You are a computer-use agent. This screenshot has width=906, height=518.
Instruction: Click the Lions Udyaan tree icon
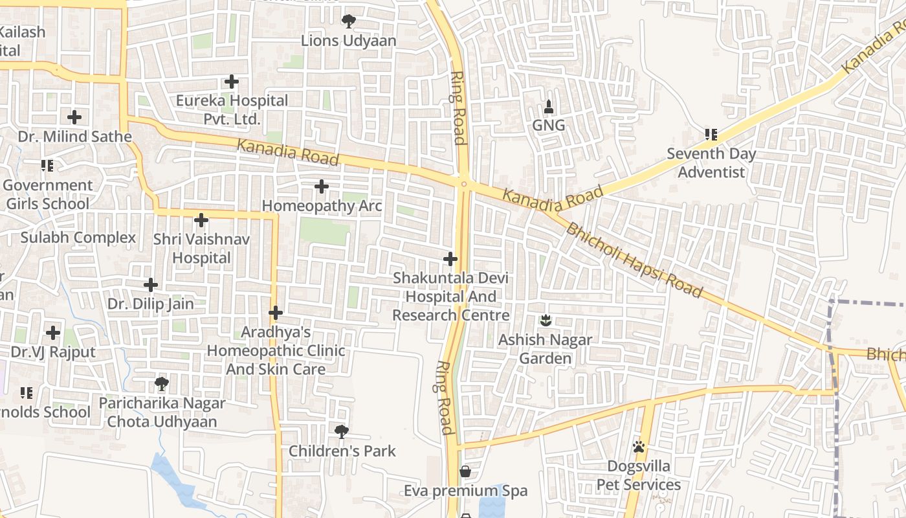349,21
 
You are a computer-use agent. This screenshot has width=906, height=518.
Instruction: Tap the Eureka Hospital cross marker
232,82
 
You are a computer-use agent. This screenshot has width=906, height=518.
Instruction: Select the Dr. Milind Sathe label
75,137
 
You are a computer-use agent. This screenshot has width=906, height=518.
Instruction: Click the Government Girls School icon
47,166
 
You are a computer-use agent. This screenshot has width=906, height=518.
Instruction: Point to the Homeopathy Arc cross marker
322,186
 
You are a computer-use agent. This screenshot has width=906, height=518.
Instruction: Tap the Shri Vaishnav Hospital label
201,249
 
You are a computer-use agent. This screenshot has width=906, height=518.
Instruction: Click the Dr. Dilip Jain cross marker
151,284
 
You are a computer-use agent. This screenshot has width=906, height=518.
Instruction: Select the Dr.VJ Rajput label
53,352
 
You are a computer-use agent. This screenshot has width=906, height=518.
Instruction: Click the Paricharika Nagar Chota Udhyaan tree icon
162,384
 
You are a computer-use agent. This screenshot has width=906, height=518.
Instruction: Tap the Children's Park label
342,451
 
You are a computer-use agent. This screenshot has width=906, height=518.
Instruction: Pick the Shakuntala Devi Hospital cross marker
450,259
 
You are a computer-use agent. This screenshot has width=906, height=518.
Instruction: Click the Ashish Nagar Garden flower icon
546,320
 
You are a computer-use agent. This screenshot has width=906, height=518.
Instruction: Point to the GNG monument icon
549,106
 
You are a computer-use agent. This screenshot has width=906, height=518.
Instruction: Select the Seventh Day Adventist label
711,163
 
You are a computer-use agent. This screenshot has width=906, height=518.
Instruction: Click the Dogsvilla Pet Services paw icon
639,447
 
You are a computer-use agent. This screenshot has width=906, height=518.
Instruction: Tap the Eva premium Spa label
466,491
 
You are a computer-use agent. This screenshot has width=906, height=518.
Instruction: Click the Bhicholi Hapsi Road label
634,259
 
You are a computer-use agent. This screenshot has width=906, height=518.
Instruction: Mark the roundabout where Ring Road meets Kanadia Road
464,183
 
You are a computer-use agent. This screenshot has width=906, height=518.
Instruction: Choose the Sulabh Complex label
78,238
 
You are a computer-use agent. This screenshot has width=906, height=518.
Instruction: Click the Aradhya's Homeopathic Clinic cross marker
276,313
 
